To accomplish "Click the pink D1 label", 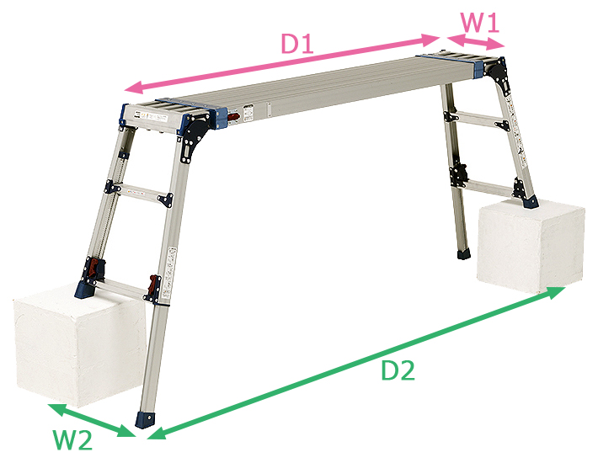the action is [x=297, y=44].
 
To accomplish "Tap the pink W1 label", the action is [x=480, y=23].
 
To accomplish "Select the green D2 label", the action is [x=398, y=370].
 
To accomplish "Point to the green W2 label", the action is [x=72, y=440].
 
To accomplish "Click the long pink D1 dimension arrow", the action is [x=283, y=63].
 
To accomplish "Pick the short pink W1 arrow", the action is [x=476, y=41].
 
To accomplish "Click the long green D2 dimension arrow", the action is [x=356, y=363].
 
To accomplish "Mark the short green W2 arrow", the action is [x=92, y=420].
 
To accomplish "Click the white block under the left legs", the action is [x=78, y=345].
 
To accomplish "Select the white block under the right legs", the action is [x=531, y=246].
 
